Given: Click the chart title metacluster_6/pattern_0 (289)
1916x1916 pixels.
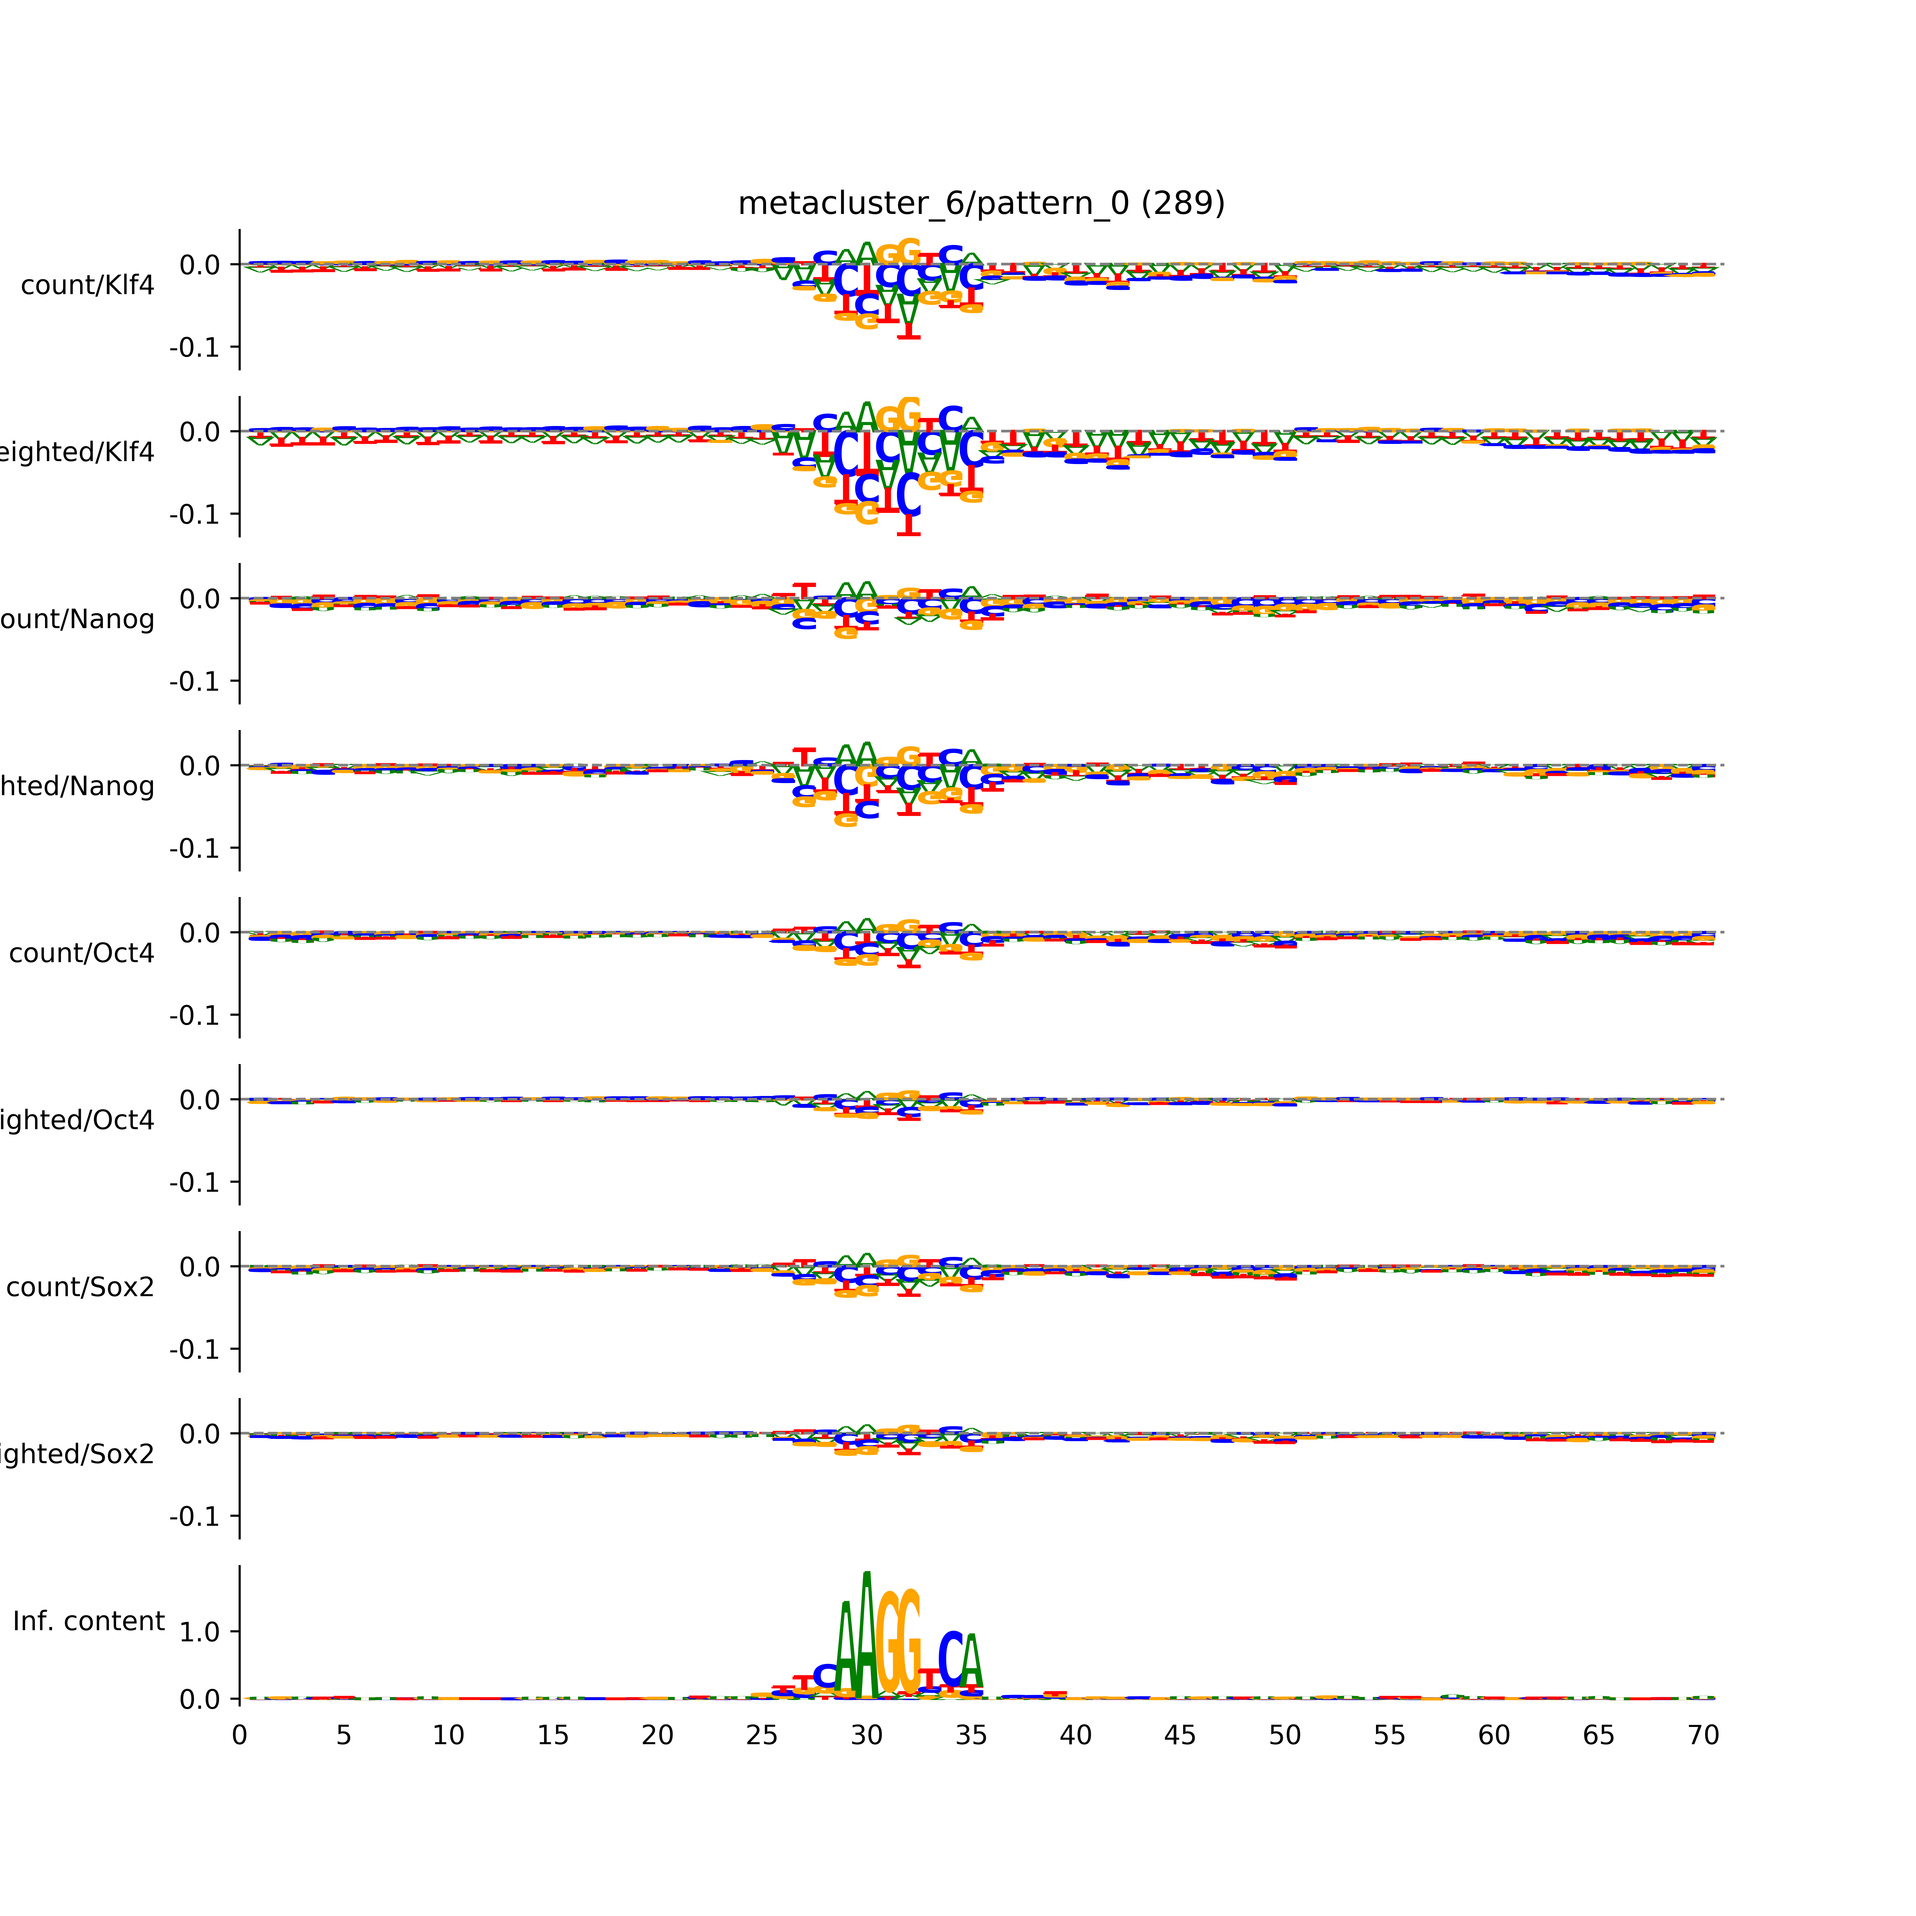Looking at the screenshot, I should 981,203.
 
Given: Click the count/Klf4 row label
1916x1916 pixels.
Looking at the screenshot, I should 87,285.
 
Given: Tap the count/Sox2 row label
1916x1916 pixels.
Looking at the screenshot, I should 80,1287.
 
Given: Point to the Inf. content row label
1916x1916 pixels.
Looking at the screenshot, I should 88,1622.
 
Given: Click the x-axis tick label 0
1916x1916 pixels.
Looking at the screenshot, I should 239,1736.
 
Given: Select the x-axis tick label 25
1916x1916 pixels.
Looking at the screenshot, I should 762,1736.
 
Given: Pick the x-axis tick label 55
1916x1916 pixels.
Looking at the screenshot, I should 1389,1736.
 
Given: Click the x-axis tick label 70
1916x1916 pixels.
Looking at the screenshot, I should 1703,1736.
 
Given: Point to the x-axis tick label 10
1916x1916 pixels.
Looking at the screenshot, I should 448,1736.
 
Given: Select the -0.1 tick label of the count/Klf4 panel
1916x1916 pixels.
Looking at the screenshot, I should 194,348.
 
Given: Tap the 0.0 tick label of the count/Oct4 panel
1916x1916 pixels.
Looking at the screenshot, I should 199,933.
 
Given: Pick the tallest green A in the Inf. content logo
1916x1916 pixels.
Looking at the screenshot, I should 867,1636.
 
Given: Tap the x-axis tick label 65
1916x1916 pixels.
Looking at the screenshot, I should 1599,1736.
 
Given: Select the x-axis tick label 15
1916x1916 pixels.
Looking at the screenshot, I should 552,1736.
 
